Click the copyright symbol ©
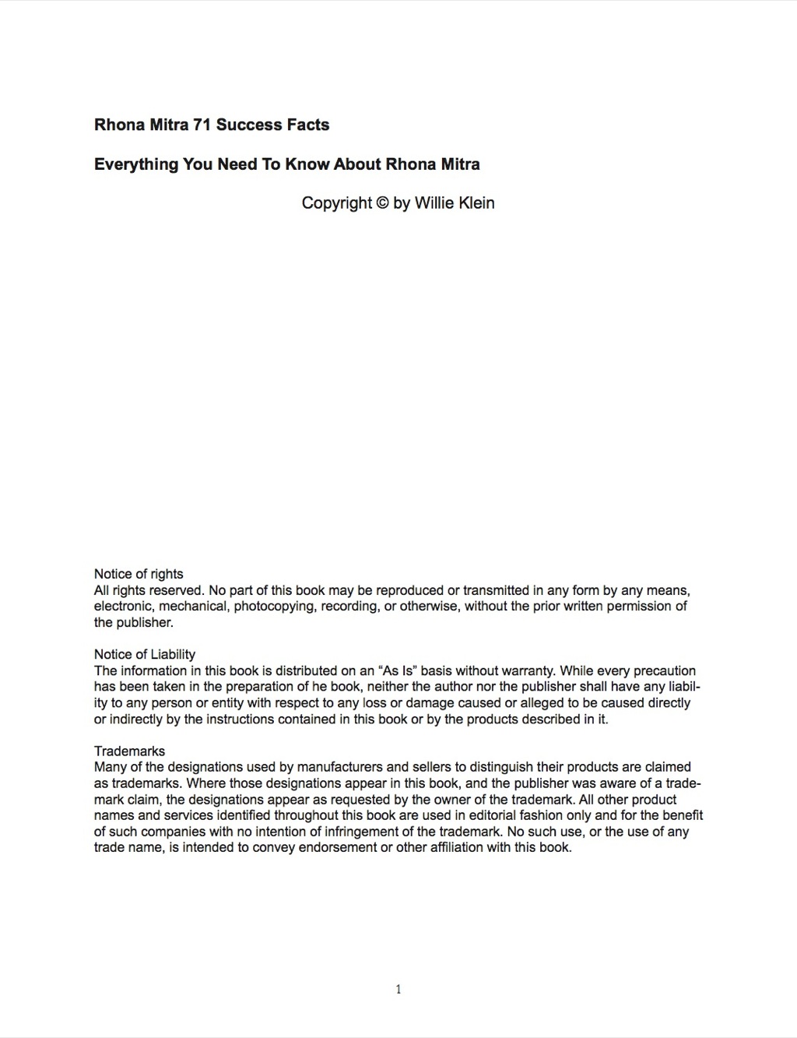pyautogui.click(x=382, y=203)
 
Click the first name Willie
pyautogui.click(x=430, y=203)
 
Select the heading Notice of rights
pyautogui.click(x=139, y=574)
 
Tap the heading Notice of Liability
pyautogui.click(x=145, y=654)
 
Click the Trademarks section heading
pyautogui.click(x=129, y=751)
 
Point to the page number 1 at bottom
pyautogui.click(x=398, y=990)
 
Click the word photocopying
pyautogui.click(x=275, y=607)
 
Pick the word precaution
pyautogui.click(x=665, y=670)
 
